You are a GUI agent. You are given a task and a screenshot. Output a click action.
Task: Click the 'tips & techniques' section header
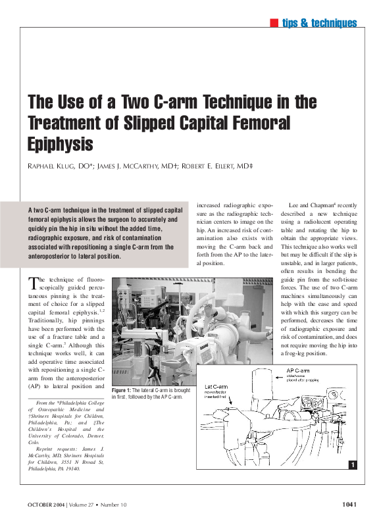pos(319,24)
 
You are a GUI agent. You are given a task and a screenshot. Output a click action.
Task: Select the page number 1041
pos(349,505)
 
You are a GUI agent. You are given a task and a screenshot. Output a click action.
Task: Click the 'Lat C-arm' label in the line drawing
pos(217,387)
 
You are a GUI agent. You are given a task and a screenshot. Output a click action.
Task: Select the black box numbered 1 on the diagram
pos(353,465)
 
